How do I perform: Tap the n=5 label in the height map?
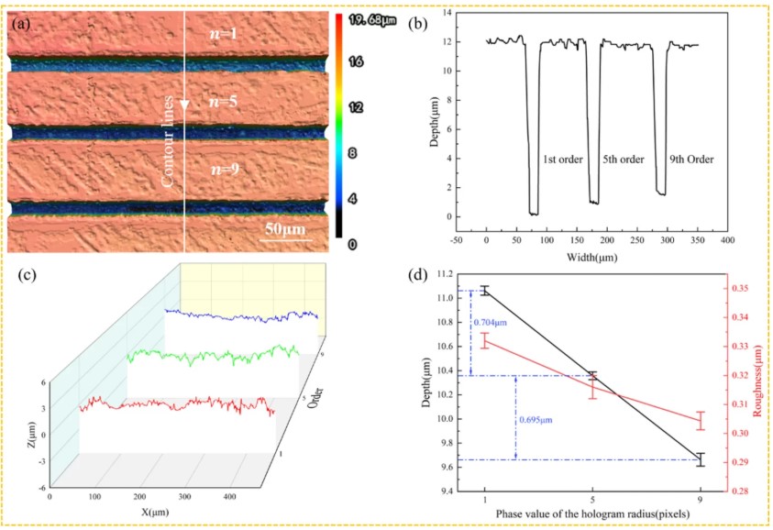point(220,102)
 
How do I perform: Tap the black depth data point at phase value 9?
point(701,459)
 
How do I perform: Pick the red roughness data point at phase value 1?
point(484,341)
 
